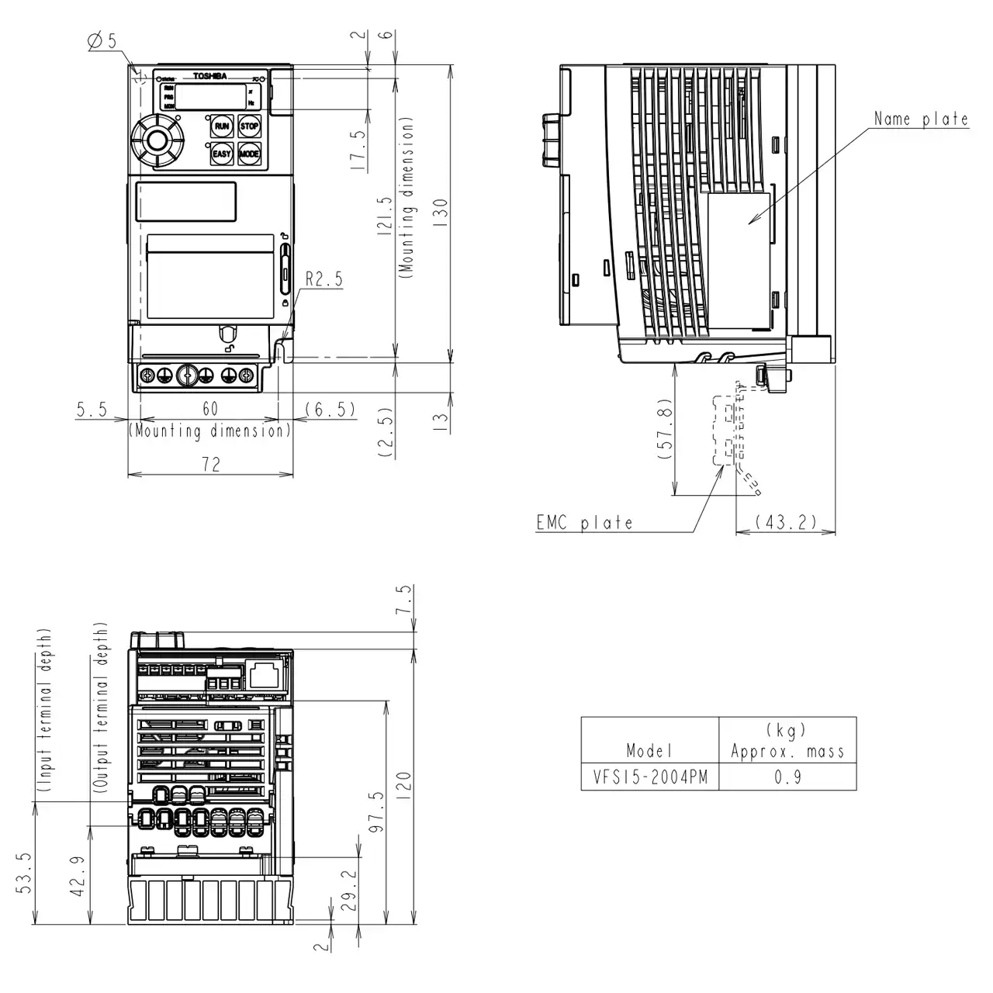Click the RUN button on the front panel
(x=222, y=126)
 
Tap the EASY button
(x=222, y=154)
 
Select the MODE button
(x=249, y=154)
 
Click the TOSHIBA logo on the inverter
(x=209, y=76)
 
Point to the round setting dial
(x=157, y=141)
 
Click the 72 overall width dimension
(x=210, y=464)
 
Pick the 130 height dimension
(x=440, y=212)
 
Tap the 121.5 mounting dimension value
(x=386, y=218)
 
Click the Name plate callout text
(x=921, y=119)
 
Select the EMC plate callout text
(x=584, y=523)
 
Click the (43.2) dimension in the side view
(x=786, y=522)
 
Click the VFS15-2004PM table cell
(x=650, y=777)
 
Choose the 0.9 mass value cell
(x=787, y=777)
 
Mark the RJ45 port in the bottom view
(x=265, y=674)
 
